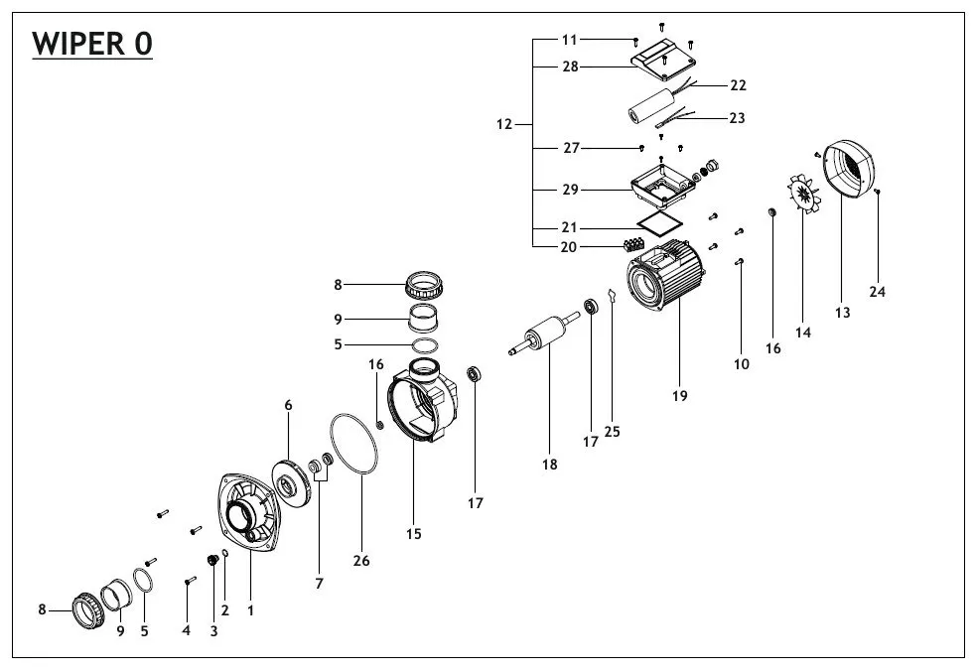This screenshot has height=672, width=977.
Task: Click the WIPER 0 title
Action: (x=92, y=45)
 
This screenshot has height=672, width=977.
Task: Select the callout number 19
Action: (x=679, y=396)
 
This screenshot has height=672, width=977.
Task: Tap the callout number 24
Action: (x=878, y=292)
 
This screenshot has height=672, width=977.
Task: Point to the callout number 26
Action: (x=361, y=561)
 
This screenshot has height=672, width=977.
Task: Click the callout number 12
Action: (x=504, y=125)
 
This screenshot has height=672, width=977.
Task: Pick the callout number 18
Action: (x=549, y=464)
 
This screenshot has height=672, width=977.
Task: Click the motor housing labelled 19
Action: (x=663, y=282)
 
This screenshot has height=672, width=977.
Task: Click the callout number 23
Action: (x=736, y=117)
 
